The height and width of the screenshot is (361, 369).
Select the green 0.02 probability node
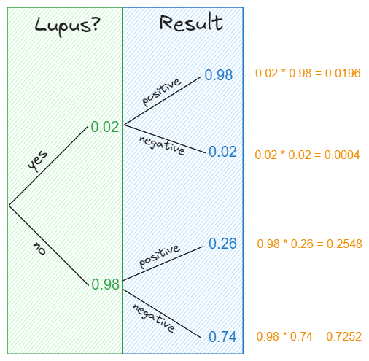105,127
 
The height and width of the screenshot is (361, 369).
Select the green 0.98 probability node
106,284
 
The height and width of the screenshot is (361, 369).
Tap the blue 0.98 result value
219,75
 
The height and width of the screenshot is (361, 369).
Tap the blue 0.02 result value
222,151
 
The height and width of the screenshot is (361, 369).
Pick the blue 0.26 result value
222,244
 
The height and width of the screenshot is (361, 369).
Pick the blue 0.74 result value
222,336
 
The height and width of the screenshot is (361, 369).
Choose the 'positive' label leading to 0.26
159,257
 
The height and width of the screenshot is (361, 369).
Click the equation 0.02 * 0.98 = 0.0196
307,74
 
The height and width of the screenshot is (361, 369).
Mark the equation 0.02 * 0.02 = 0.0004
307,155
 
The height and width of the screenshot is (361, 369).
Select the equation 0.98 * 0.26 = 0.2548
309,244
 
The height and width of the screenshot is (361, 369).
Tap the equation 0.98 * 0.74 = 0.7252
309,336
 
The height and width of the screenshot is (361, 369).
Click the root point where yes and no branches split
9,205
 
